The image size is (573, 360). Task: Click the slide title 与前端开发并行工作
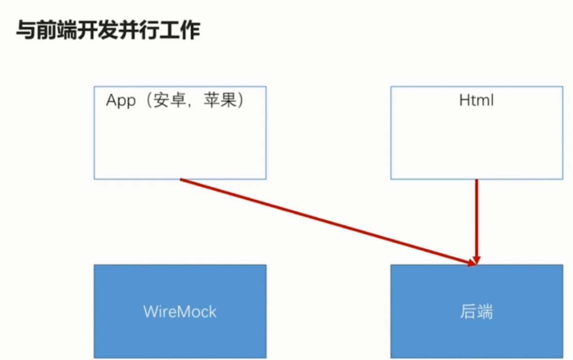pos(108,31)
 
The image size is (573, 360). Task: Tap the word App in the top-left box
pos(121,101)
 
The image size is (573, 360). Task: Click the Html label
pos(476,100)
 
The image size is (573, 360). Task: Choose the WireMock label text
pos(180,311)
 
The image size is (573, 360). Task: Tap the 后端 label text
pos(476,311)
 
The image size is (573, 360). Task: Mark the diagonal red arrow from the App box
pos(325,221)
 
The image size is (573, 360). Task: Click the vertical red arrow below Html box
pos(476,218)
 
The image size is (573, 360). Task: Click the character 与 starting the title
pos(25,31)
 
